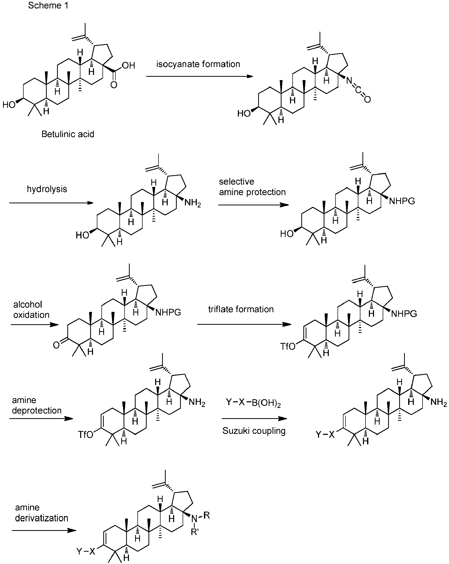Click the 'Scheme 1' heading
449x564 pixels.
pyautogui.click(x=48, y=5)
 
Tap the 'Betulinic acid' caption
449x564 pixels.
pyautogui.click(x=68, y=134)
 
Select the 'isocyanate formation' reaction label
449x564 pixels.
pyautogui.click(x=198, y=64)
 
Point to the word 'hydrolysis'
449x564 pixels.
pyautogui.click(x=47, y=189)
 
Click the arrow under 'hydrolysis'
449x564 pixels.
pyautogui.click(x=51, y=203)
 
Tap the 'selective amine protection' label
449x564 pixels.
pyautogui.click(x=252, y=187)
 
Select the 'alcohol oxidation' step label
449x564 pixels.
pyautogui.click(x=31, y=309)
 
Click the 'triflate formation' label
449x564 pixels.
pyautogui.click(x=241, y=309)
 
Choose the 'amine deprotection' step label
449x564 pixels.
pyautogui.click(x=37, y=405)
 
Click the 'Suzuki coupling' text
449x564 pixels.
pyautogui.click(x=254, y=431)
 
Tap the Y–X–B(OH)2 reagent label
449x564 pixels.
pyautogui.click(x=253, y=403)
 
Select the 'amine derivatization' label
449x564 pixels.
pyautogui.click(x=41, y=513)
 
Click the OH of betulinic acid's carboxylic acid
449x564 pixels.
pyautogui.click(x=128, y=65)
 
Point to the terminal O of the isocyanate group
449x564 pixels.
pyautogui.click(x=367, y=99)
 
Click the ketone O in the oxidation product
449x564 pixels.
pyautogui.click(x=56, y=345)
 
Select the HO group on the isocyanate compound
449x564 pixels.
pyautogui.click(x=244, y=113)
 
